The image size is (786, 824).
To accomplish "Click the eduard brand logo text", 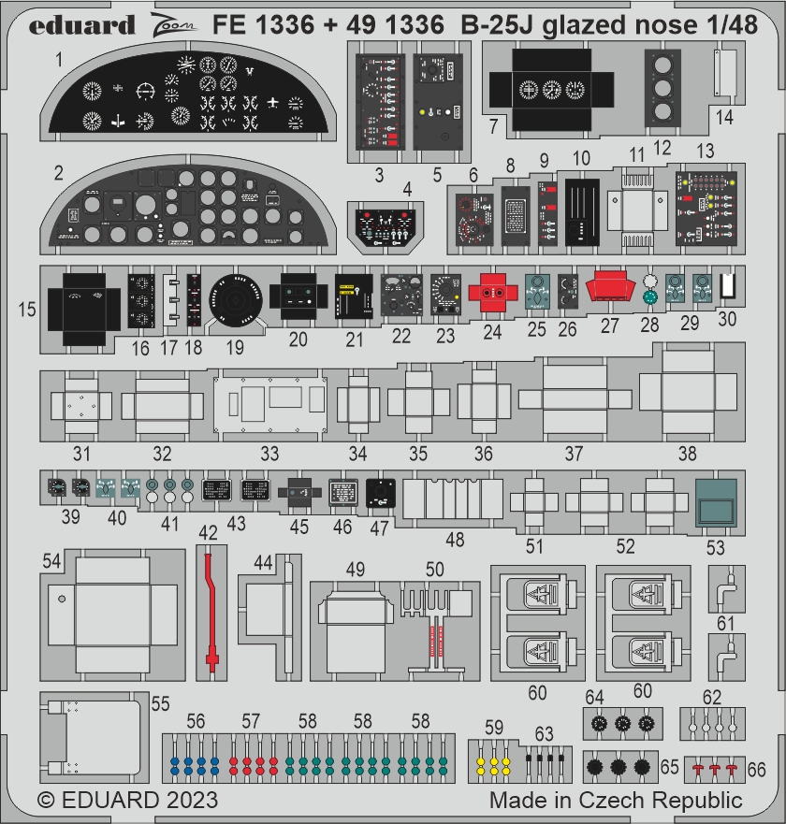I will pos(81,23).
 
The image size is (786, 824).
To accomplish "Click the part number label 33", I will pos(269,455).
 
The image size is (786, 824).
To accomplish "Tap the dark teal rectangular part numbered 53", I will pos(717,503).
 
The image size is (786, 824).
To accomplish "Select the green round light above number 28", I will pos(651,298).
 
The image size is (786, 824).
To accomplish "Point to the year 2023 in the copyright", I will pos(191,801).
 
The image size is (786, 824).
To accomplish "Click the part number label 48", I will pos(455,540).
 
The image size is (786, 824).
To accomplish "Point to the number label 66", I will pos(756,769).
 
